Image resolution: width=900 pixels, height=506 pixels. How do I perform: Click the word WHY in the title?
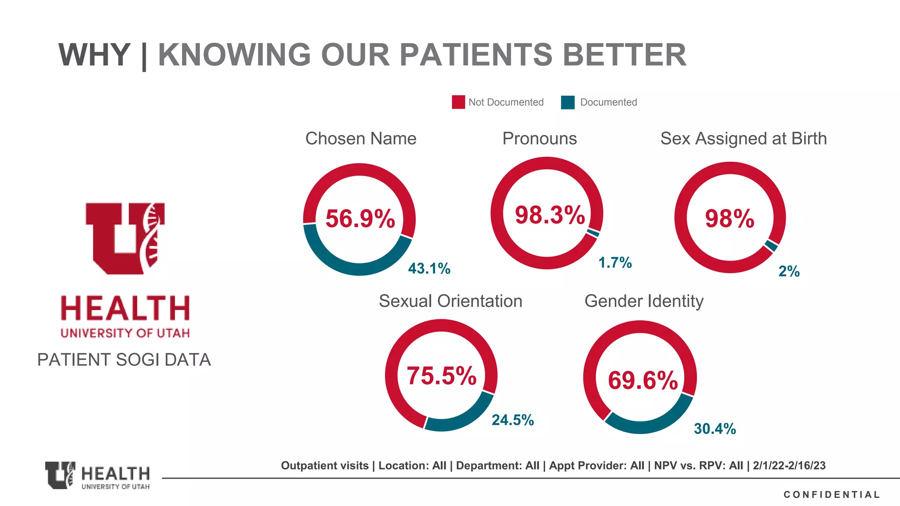[x=94, y=55]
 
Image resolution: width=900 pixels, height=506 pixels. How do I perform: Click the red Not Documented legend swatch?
[x=458, y=102]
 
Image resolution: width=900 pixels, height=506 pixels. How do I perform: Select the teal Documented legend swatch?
[x=567, y=102]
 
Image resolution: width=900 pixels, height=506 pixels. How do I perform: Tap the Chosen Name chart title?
[x=360, y=139]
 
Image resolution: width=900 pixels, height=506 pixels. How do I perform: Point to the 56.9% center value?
[x=360, y=219]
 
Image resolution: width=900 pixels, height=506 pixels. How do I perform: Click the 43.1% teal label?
[x=429, y=268]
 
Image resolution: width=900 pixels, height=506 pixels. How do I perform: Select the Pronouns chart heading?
[x=539, y=139]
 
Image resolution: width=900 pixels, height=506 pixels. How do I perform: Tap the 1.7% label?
[x=615, y=263]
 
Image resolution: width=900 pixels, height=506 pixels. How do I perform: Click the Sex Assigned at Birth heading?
[x=743, y=139]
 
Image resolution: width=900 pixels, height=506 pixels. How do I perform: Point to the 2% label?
[x=789, y=271]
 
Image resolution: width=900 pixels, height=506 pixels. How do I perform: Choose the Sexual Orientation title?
[x=450, y=301]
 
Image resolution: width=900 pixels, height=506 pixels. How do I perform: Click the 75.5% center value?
[x=441, y=376]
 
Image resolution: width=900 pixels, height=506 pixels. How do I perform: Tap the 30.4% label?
[x=715, y=429]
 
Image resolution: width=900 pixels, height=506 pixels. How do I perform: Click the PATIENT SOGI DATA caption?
[x=124, y=360]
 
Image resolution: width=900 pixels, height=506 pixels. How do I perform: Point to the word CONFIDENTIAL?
[x=831, y=495]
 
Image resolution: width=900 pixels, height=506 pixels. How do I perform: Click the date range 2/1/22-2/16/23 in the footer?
[x=789, y=466]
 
